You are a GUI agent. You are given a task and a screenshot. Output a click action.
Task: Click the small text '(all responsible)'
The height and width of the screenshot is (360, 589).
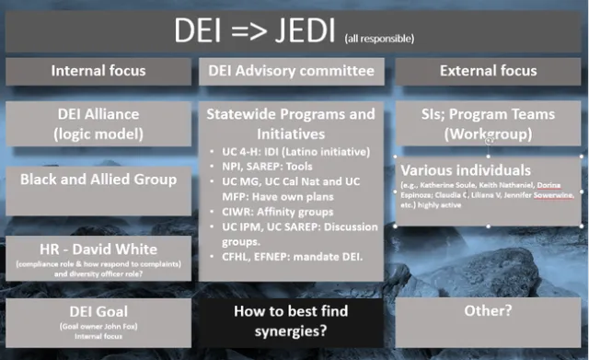pyautogui.click(x=378, y=39)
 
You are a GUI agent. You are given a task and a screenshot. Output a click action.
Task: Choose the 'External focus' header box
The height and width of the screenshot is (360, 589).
pyautogui.click(x=488, y=70)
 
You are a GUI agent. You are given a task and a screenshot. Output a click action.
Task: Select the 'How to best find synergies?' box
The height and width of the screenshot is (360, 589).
pyautogui.click(x=292, y=320)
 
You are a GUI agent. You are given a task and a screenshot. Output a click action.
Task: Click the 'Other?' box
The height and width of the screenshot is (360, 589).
pyautogui.click(x=488, y=312)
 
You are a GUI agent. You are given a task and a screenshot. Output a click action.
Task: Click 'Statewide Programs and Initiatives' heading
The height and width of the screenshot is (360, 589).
pyautogui.click(x=292, y=123)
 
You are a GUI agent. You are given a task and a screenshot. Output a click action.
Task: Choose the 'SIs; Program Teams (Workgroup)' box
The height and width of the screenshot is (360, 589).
pyautogui.click(x=488, y=123)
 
